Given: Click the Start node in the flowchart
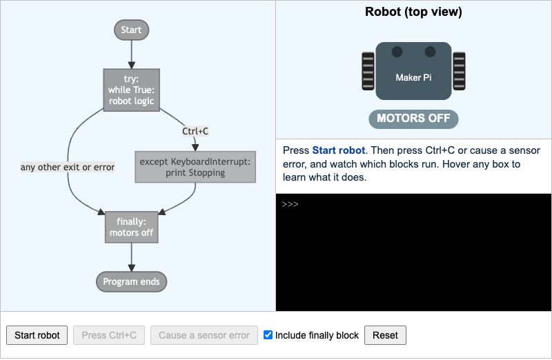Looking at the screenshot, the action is (131, 30).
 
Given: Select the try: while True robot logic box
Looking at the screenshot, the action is (131, 90).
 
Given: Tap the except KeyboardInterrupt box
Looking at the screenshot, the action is (195, 167).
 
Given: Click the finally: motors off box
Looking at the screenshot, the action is (131, 228).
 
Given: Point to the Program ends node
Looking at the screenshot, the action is (131, 282).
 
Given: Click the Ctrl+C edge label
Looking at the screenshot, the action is (195, 131).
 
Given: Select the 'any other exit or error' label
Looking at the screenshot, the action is (68, 167).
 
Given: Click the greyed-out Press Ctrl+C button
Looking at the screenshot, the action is (109, 335).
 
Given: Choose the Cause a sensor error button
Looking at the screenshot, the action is (204, 335).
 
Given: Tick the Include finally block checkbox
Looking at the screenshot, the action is (268, 335).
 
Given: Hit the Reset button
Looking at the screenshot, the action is (385, 335).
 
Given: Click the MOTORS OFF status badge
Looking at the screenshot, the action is (413, 119).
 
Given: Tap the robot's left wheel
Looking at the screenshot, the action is (368, 71).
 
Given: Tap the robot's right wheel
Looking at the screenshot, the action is (459, 71).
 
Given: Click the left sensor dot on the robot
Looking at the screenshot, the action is (397, 52).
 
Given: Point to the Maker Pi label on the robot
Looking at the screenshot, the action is (413, 77).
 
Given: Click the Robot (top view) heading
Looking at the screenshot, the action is (413, 12).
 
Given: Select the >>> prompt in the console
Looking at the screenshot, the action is (290, 204).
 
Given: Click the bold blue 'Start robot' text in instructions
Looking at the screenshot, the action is (339, 150).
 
